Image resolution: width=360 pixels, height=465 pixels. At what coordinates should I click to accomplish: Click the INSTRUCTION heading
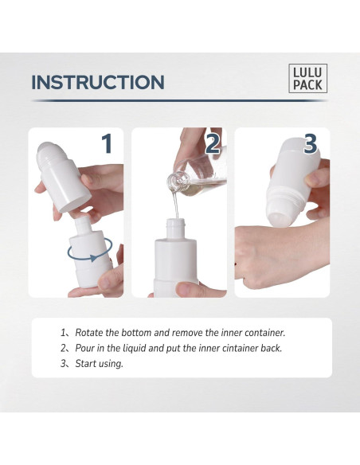pos(98,82)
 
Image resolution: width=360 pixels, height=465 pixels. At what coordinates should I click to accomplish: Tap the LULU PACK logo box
pos(307,78)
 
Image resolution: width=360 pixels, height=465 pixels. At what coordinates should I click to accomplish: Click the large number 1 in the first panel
pos(107,144)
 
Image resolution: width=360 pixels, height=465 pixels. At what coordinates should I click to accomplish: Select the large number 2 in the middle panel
pos(213,144)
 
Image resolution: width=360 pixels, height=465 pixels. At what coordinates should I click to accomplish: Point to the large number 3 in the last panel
pos(310,144)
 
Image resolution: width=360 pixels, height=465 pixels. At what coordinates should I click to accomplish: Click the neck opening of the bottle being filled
pos(176,221)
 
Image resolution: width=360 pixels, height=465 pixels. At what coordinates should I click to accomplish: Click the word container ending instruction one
pos(264,333)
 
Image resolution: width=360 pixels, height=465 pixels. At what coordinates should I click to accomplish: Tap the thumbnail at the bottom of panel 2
pos(187,287)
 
